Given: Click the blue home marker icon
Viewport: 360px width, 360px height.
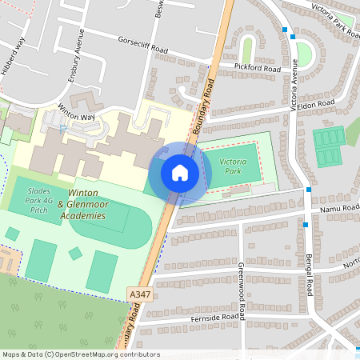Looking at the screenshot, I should [x=179, y=173].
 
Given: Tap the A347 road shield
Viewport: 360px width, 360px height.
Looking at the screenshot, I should [x=139, y=296].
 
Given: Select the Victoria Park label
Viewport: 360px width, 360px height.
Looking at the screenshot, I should [x=234, y=166].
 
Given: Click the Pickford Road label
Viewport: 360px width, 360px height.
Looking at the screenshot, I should [x=257, y=69].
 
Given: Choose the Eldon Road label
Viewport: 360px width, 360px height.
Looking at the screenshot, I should [x=317, y=104].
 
